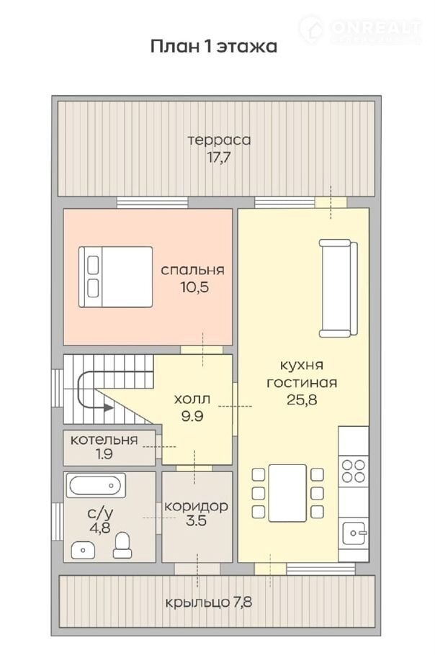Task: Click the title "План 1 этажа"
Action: click(213, 46)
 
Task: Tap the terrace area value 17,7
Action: click(219, 158)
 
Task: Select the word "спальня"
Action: click(192, 270)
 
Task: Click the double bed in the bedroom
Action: click(116, 277)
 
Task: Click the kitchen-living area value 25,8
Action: click(302, 399)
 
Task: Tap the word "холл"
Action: click(192, 399)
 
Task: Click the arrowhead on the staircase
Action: click(108, 407)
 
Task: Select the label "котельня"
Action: click(104, 440)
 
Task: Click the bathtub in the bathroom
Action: click(96, 485)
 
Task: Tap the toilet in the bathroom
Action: click(122, 545)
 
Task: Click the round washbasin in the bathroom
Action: click(83, 550)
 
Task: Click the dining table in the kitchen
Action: click(287, 493)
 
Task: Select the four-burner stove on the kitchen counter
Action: click(354, 471)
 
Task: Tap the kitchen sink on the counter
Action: click(354, 533)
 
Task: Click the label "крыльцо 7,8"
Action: click(209, 602)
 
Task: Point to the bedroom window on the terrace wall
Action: click(152, 202)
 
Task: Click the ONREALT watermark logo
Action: click(360, 29)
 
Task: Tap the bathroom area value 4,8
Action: click(100, 527)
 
